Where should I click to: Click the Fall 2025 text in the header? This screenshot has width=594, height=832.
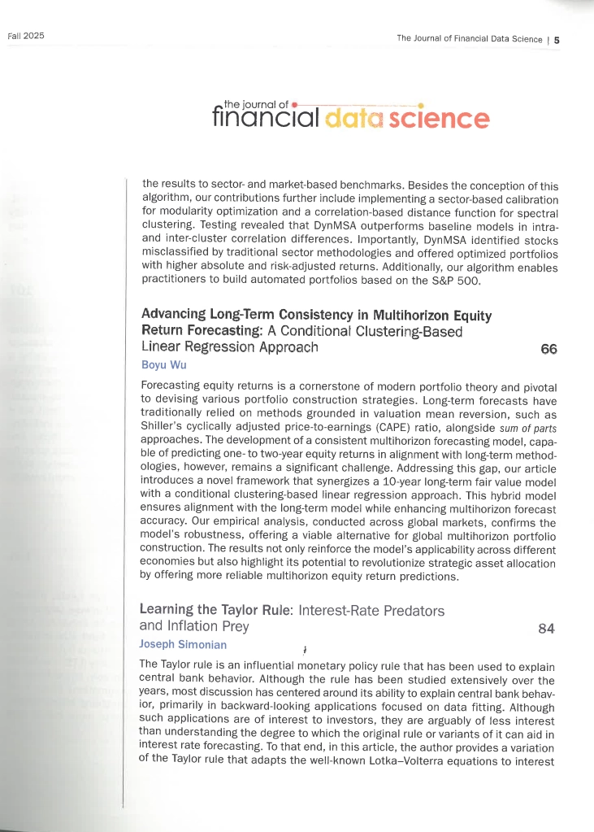coord(25,37)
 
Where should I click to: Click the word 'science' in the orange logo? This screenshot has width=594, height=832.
coord(439,120)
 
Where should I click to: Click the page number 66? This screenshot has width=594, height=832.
coord(548,349)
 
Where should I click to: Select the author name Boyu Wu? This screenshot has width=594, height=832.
coord(163,365)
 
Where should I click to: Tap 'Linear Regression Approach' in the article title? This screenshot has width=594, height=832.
coord(229,347)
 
